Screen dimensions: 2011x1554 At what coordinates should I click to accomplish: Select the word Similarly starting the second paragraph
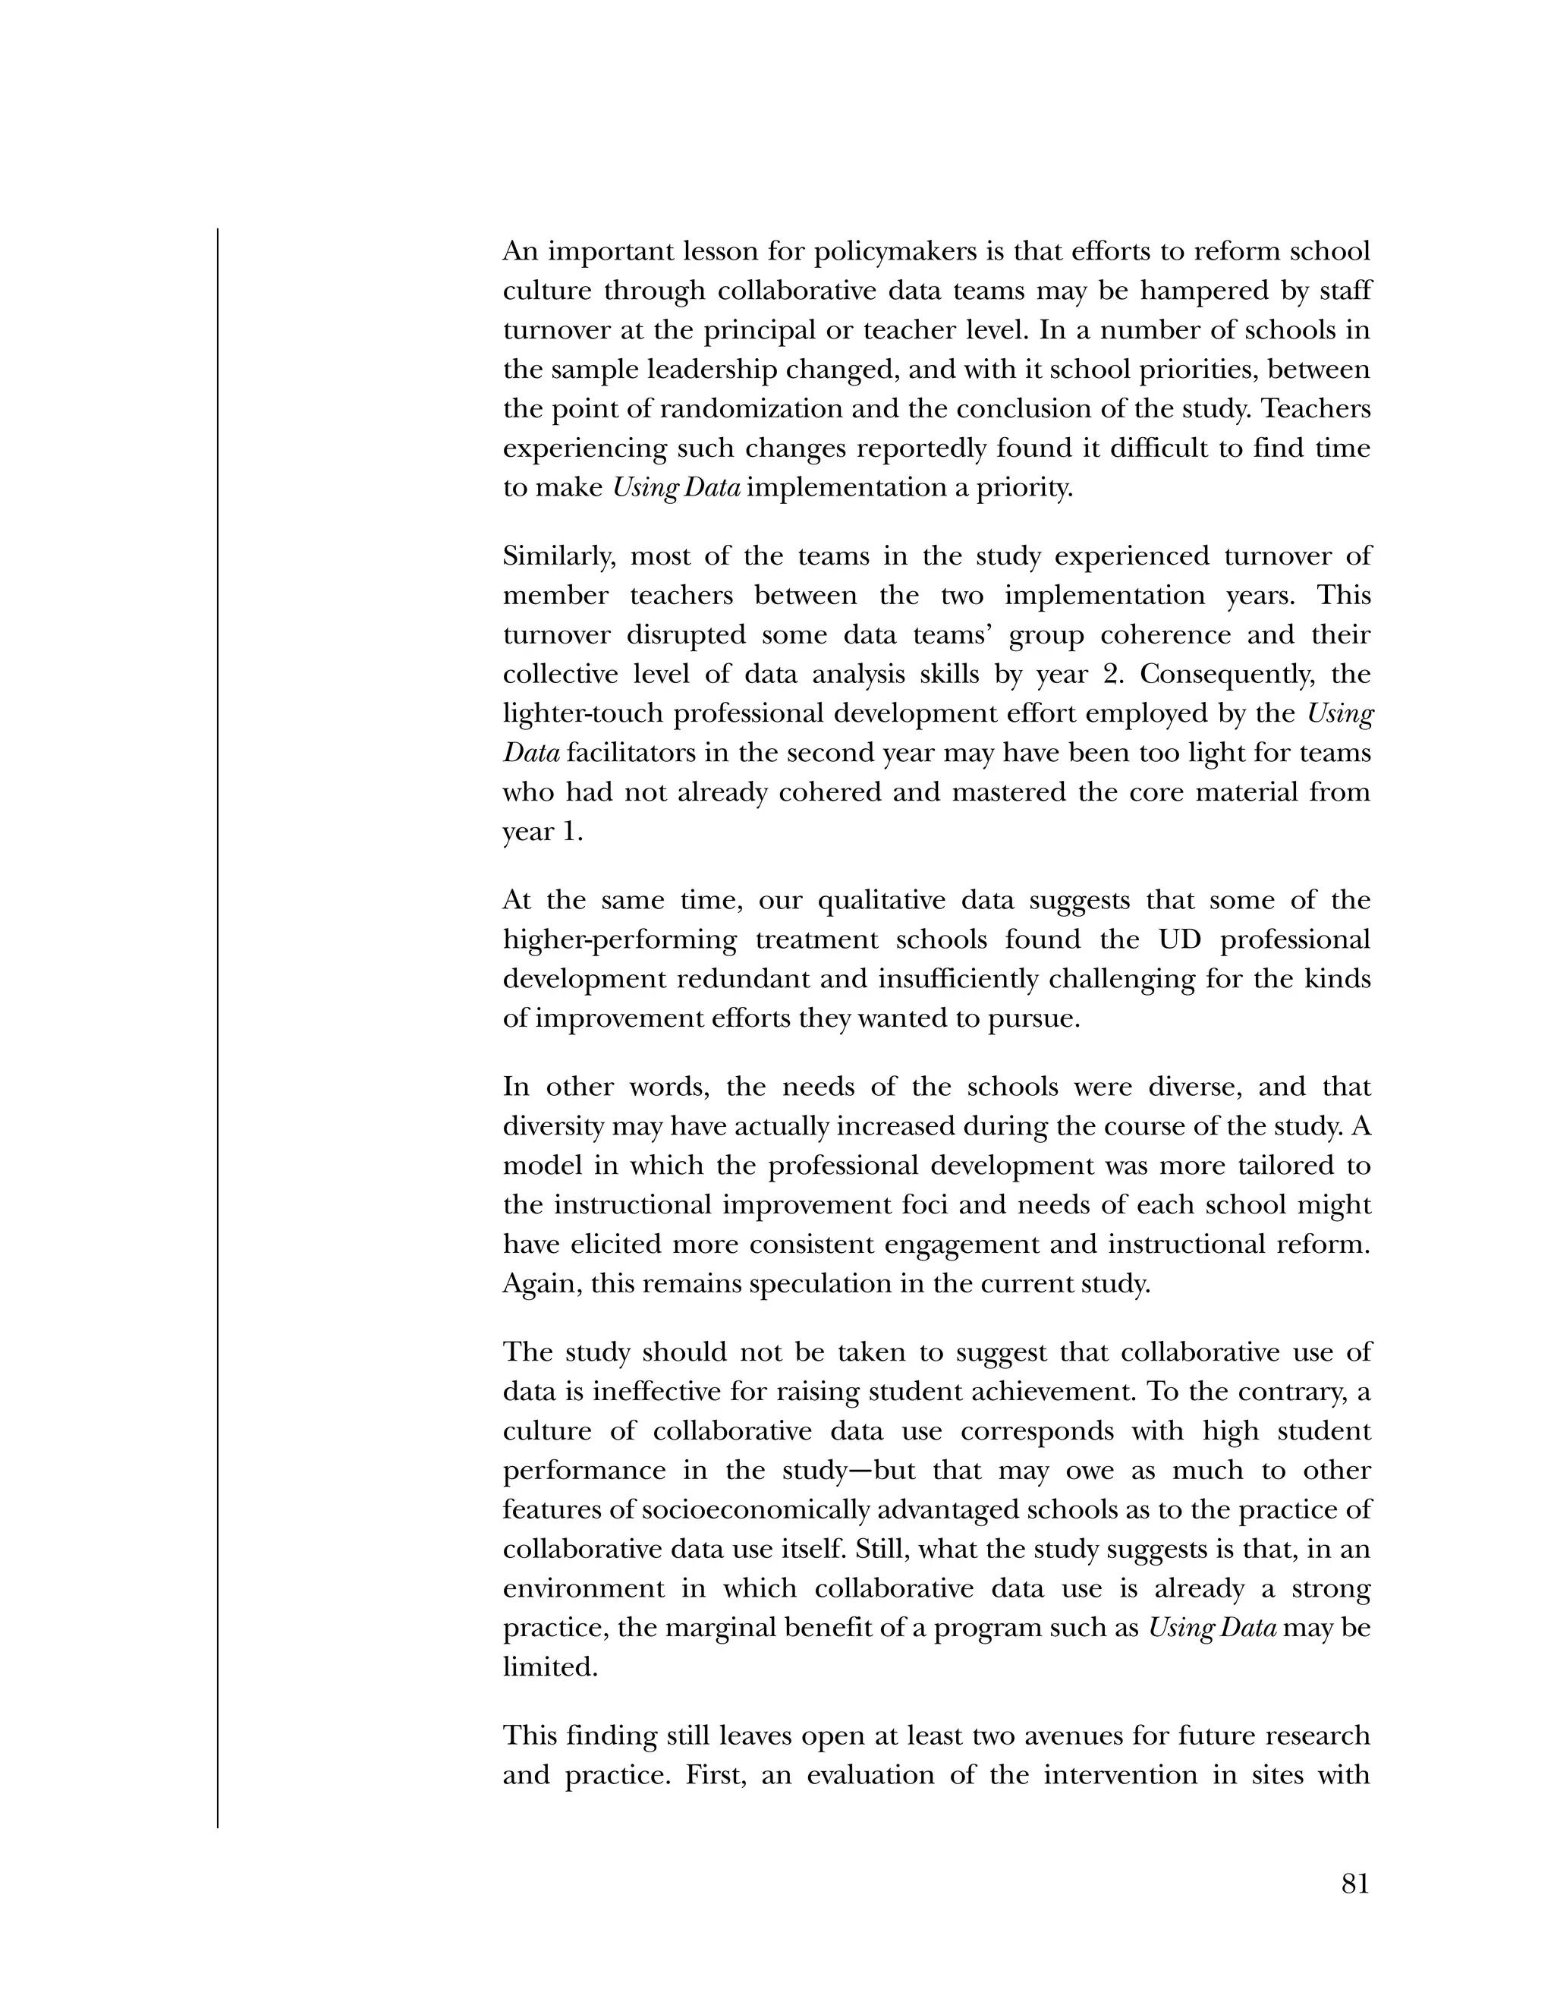tap(553, 557)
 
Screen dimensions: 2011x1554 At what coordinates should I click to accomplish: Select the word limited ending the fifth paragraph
tap(549, 1667)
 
